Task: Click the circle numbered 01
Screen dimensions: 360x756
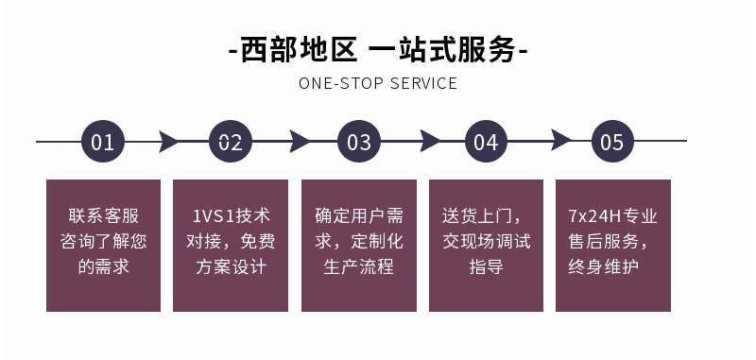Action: click(x=103, y=142)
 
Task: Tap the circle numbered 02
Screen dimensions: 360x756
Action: click(x=231, y=142)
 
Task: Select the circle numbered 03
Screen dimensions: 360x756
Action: click(x=359, y=142)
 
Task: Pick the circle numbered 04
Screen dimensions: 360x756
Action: click(x=486, y=142)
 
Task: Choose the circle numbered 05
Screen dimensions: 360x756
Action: click(x=612, y=142)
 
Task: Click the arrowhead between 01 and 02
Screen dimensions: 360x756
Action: click(x=168, y=142)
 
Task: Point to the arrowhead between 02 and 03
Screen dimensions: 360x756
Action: click(x=299, y=142)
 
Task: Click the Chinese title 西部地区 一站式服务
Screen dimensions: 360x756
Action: click(x=378, y=48)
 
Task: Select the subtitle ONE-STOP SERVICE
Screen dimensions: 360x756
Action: click(x=378, y=83)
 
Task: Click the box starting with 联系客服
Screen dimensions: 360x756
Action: click(x=103, y=245)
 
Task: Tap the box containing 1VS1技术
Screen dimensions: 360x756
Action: click(x=231, y=245)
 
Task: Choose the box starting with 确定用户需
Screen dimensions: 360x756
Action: click(x=359, y=245)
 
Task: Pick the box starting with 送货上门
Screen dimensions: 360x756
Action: click(x=486, y=245)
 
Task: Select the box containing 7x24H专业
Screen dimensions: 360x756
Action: click(x=612, y=245)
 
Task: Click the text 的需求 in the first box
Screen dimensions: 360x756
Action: click(x=103, y=266)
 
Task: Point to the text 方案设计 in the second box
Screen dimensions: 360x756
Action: click(x=231, y=266)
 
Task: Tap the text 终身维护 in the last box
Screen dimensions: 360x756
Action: click(x=612, y=266)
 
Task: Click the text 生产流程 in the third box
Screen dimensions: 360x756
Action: click(x=359, y=266)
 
